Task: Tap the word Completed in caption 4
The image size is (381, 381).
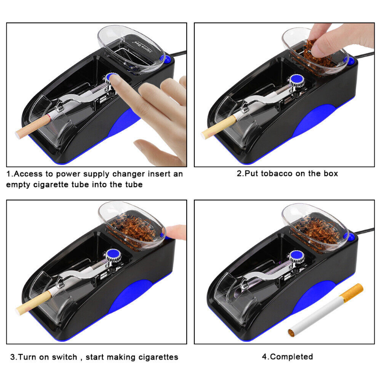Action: pyautogui.click(x=291, y=356)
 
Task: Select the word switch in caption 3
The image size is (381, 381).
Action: pyautogui.click(x=61, y=357)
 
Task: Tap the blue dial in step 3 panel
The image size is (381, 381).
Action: pyautogui.click(x=113, y=254)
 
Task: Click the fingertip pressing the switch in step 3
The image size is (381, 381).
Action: pyautogui.click(x=177, y=232)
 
